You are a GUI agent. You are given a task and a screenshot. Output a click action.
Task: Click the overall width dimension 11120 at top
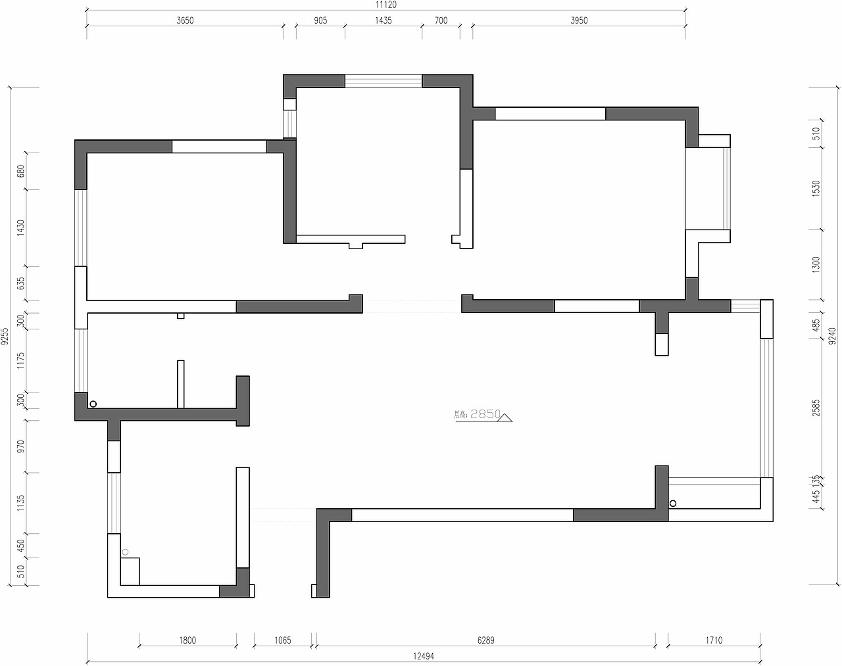(386, 4)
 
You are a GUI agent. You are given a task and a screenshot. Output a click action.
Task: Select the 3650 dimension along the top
(186, 20)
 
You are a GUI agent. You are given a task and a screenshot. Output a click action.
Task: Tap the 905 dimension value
(320, 20)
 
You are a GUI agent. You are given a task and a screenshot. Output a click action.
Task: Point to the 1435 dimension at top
(384, 20)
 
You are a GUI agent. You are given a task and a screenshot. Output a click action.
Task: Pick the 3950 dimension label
(579, 20)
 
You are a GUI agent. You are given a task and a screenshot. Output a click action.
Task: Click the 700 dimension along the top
(441, 20)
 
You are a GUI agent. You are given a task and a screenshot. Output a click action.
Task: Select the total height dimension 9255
(5, 336)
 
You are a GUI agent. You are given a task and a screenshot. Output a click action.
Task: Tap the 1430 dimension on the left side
(20, 228)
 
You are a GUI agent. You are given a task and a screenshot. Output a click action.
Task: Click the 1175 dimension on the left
(20, 361)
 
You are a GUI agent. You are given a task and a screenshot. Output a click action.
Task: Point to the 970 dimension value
(20, 446)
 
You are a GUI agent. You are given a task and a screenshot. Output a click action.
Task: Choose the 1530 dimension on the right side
(816, 189)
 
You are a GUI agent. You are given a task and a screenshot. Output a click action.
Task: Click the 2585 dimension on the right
(816, 408)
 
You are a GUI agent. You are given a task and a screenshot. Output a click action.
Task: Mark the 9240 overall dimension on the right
(832, 336)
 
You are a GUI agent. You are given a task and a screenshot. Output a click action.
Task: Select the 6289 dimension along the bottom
(485, 640)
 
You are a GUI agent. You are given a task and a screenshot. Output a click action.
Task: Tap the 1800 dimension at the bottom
(187, 640)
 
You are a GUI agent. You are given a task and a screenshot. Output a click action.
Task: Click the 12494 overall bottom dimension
(424, 655)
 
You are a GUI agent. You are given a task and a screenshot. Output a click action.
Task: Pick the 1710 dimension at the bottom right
(714, 640)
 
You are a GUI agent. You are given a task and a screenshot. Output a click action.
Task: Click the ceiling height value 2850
(485, 414)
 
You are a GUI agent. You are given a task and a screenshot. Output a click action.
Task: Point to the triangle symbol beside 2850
(505, 416)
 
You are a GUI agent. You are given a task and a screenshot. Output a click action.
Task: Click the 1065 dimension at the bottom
(282, 640)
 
